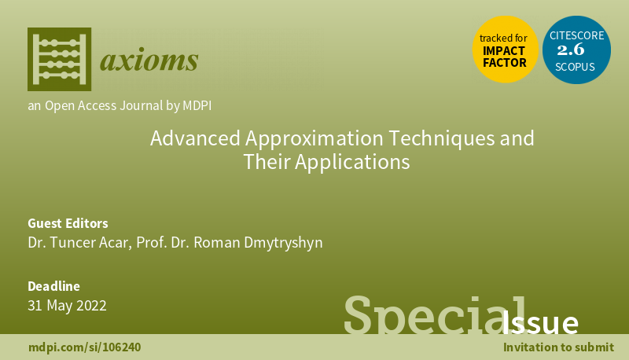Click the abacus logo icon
pyautogui.click(x=59, y=59)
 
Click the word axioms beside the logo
pyautogui.click(x=149, y=60)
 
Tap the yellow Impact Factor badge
pyautogui.click(x=504, y=50)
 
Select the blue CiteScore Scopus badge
pyautogui.click(x=576, y=50)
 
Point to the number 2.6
pyautogui.click(x=576, y=50)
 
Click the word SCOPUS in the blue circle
pyautogui.click(x=576, y=68)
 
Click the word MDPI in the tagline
pyautogui.click(x=194, y=105)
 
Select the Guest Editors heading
pyautogui.click(x=68, y=223)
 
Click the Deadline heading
pyautogui.click(x=53, y=286)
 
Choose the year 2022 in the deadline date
pyautogui.click(x=91, y=305)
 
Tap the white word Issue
pyautogui.click(x=541, y=322)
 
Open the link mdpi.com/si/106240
pyautogui.click(x=85, y=347)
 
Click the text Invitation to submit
pyautogui.click(x=559, y=347)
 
